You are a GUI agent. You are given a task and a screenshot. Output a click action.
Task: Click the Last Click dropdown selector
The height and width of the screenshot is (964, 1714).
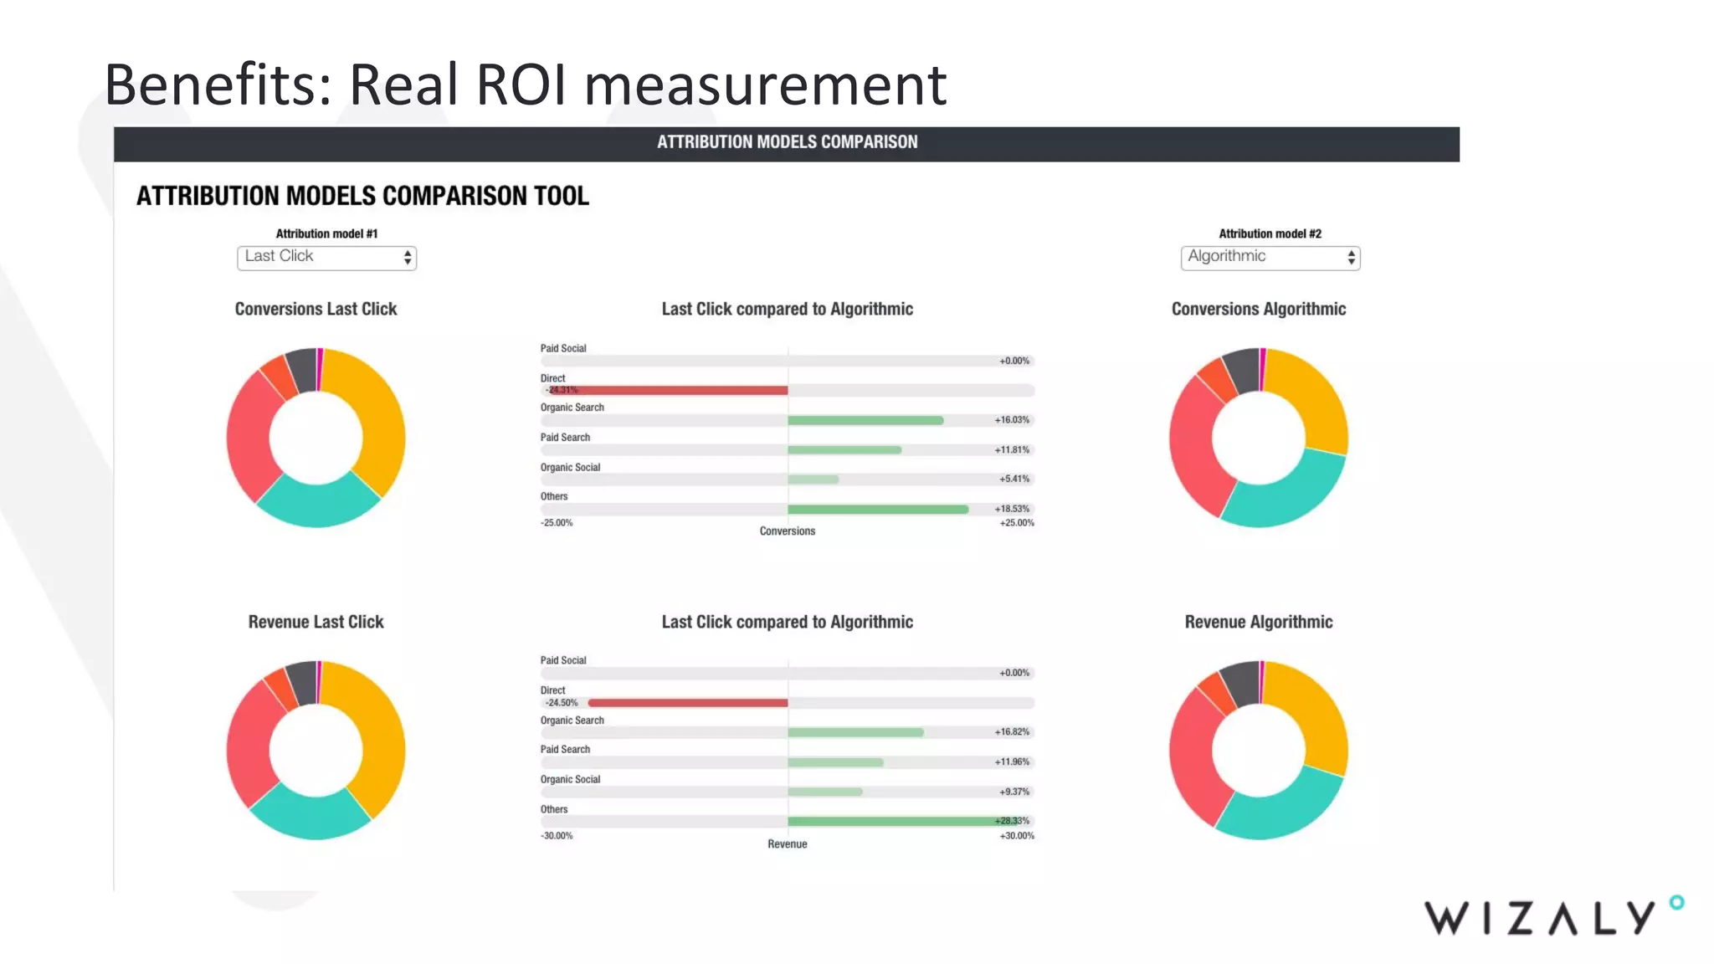click(326, 257)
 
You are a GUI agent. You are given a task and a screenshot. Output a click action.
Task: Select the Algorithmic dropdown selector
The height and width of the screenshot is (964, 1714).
click(1270, 257)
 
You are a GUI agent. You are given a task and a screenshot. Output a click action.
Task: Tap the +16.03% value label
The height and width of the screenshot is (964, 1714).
click(1012, 420)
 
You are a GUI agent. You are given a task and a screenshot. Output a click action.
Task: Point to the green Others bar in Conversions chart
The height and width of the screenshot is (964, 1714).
click(877, 509)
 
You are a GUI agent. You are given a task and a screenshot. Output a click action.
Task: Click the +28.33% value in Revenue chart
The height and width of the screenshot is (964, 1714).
click(1012, 821)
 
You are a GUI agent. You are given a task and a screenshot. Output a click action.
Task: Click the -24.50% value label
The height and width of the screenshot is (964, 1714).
click(562, 703)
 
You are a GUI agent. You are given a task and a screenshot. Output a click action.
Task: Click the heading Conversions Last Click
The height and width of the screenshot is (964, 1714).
click(316, 309)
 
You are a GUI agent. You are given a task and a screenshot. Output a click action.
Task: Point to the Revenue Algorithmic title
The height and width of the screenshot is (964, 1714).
click(1258, 622)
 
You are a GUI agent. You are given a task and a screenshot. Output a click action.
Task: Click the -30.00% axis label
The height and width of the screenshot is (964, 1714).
click(557, 836)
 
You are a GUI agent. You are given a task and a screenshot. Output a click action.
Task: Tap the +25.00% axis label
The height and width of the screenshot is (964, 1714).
click(1017, 523)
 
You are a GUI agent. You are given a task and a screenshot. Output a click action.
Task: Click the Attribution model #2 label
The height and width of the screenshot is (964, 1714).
click(1270, 233)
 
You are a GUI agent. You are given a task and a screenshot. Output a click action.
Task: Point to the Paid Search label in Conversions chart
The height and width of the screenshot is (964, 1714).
click(565, 438)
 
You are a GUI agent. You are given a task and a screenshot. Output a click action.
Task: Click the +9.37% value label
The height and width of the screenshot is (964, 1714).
click(1014, 792)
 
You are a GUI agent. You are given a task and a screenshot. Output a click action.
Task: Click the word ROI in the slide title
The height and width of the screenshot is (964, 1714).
click(521, 85)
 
